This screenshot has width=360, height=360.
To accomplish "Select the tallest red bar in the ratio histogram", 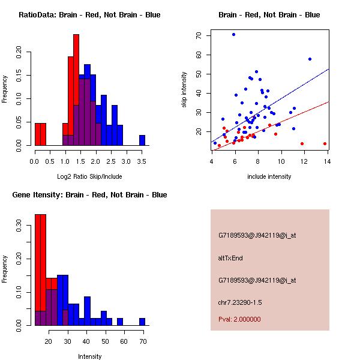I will pos(76,90).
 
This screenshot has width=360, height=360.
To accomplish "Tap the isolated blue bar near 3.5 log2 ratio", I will pos(142,140).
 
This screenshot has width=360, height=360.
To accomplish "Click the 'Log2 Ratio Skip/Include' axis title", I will pos(89,176).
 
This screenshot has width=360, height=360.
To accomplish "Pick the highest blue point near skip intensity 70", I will pos(233,35).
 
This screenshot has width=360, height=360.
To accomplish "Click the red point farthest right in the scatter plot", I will pos(325,143).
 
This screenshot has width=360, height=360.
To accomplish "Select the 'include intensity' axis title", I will pos(269,176).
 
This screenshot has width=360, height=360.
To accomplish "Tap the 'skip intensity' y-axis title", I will pos(185,90).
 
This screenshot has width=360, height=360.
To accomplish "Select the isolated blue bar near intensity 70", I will pos(142,322).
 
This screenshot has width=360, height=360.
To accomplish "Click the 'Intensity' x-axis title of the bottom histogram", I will pos(89,356).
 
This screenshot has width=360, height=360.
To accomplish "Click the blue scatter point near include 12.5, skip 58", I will pos(310,59).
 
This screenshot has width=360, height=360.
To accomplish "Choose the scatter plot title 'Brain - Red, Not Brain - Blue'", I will pos(269,15).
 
